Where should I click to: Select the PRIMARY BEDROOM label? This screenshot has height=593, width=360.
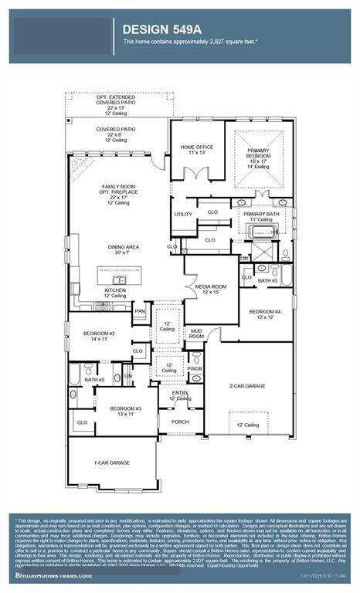[x=259, y=155]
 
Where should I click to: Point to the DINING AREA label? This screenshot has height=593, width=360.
[x=122, y=249]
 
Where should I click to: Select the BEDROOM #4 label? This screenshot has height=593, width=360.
[x=265, y=315]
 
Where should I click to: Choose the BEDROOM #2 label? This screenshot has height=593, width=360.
[x=99, y=336]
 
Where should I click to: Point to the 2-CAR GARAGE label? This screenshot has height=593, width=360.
[x=250, y=385]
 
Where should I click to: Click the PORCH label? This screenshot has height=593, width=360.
[x=180, y=422]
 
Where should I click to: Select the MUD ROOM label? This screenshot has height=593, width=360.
[x=197, y=334]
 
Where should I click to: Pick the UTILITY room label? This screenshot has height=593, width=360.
[x=183, y=215]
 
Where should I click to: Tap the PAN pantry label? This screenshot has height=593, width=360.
[x=140, y=311]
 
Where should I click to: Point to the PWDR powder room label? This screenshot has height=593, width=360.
[x=195, y=369]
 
